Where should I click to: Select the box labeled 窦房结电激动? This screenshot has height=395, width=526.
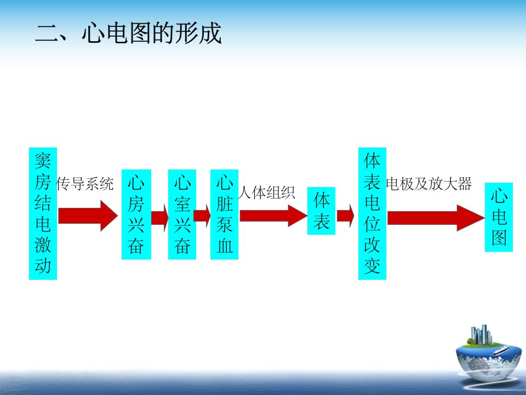point(43,213)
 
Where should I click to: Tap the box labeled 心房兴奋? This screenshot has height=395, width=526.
point(136,215)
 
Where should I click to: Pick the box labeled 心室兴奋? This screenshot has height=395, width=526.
point(182,215)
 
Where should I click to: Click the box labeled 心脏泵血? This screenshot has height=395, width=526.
point(225,215)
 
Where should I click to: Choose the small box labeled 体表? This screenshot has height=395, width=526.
point(322,211)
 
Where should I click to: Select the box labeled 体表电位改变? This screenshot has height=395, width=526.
point(373,213)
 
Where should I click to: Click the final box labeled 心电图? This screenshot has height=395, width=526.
point(499,217)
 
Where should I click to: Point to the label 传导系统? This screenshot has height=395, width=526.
point(85,184)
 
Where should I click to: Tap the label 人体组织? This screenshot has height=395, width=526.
point(267,193)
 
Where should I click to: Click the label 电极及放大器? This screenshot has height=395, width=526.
point(429,184)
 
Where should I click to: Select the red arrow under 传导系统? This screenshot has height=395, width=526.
point(88,216)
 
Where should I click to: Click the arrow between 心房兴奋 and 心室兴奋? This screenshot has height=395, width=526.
point(159,218)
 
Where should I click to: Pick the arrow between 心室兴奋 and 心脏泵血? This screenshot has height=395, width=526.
point(202,216)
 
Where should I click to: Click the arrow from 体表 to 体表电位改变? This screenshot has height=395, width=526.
point(346,216)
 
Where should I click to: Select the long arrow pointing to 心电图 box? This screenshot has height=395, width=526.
point(436,218)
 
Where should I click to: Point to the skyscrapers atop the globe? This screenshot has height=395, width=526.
point(482,335)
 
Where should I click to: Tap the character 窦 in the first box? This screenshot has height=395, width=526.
point(43,161)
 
